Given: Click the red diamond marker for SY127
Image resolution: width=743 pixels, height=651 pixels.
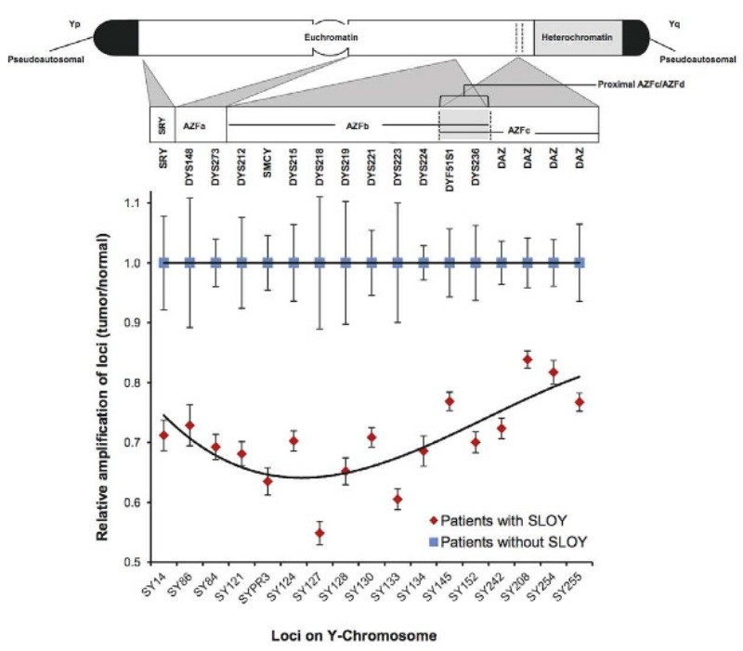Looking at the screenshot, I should [x=319, y=533].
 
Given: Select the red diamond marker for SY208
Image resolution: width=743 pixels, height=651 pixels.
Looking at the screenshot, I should [x=528, y=360].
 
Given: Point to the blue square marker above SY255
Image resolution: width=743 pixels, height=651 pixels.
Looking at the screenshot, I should [x=580, y=263].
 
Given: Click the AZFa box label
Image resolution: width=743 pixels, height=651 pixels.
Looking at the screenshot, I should [x=195, y=124].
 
